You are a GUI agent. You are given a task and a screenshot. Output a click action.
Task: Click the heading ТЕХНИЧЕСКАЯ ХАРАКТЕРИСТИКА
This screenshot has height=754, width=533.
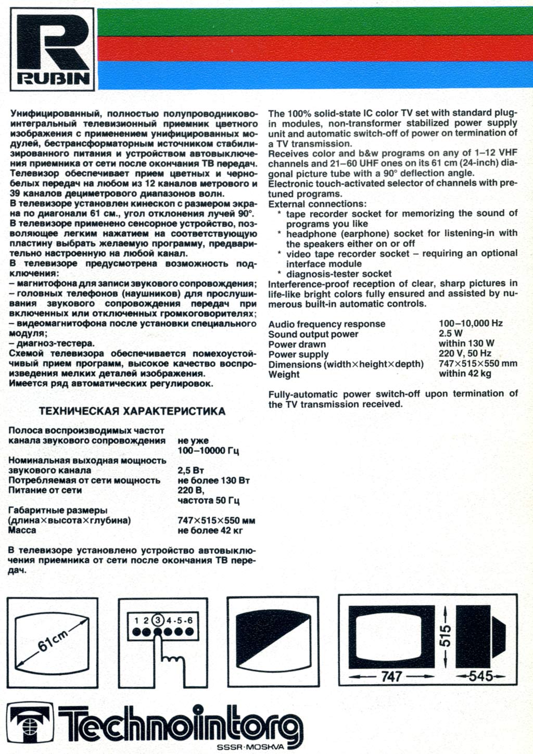pos(132,412)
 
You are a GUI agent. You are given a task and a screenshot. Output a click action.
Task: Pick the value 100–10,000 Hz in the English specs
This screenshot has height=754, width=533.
pos(471,323)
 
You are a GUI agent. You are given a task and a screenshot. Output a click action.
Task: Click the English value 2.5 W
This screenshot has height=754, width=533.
pos(450,334)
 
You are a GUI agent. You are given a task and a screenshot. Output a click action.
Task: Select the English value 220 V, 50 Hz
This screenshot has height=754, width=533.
pos(465,354)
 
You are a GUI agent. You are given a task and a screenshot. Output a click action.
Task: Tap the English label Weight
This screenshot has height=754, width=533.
pos(284,374)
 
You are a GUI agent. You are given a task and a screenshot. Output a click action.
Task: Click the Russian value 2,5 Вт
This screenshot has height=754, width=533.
pos(191,470)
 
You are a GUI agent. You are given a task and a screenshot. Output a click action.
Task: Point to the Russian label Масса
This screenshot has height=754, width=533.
pos(22,530)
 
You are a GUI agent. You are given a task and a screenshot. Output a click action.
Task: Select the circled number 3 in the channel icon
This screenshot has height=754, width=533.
pos(158,620)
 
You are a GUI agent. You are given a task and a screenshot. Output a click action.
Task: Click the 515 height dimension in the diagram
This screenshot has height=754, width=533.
pos(446,636)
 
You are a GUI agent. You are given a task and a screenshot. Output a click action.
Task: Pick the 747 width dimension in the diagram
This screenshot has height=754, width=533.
pos(391,676)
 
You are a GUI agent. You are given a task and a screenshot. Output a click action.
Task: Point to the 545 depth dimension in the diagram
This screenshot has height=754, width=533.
pos(480,676)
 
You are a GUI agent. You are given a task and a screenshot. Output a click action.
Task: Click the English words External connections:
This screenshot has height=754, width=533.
pos(317,204)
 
